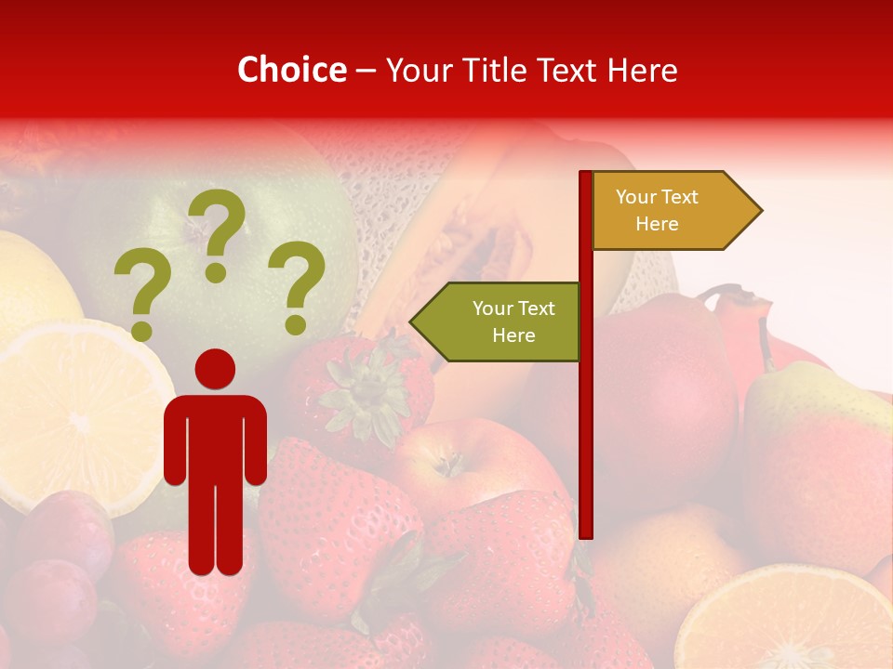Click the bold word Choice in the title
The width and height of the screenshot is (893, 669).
pos(291,70)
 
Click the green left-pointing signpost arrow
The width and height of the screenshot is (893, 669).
pos(498,321)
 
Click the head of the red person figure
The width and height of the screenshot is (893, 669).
pos(215,369)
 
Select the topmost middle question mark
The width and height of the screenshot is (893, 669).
pos(217,232)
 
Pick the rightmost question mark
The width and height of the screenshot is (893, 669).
pos(296,286)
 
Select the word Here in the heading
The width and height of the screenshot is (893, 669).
pos(641,70)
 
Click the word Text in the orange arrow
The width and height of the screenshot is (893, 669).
pos(680,197)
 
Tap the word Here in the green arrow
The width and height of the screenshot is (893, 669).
pos(513,335)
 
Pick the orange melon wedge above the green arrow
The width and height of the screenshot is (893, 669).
pos(465,232)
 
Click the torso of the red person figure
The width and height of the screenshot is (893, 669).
pos(215,437)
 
